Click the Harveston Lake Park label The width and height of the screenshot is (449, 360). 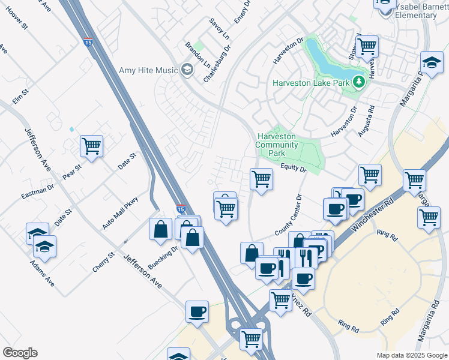click(310, 82)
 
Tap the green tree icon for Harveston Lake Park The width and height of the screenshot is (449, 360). click(358, 81)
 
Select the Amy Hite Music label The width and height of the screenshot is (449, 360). click(148, 70)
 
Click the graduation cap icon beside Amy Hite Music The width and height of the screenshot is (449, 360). click(187, 70)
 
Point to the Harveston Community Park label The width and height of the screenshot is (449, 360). click(276, 145)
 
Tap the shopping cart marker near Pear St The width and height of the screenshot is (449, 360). click(91, 146)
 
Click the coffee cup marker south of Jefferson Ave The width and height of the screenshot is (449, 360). click(197, 312)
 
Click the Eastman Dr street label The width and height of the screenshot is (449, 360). click(37, 191)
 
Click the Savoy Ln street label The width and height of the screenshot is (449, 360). click(220, 28)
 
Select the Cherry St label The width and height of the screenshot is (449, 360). click(103, 263)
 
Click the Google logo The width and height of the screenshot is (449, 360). click(20, 353)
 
